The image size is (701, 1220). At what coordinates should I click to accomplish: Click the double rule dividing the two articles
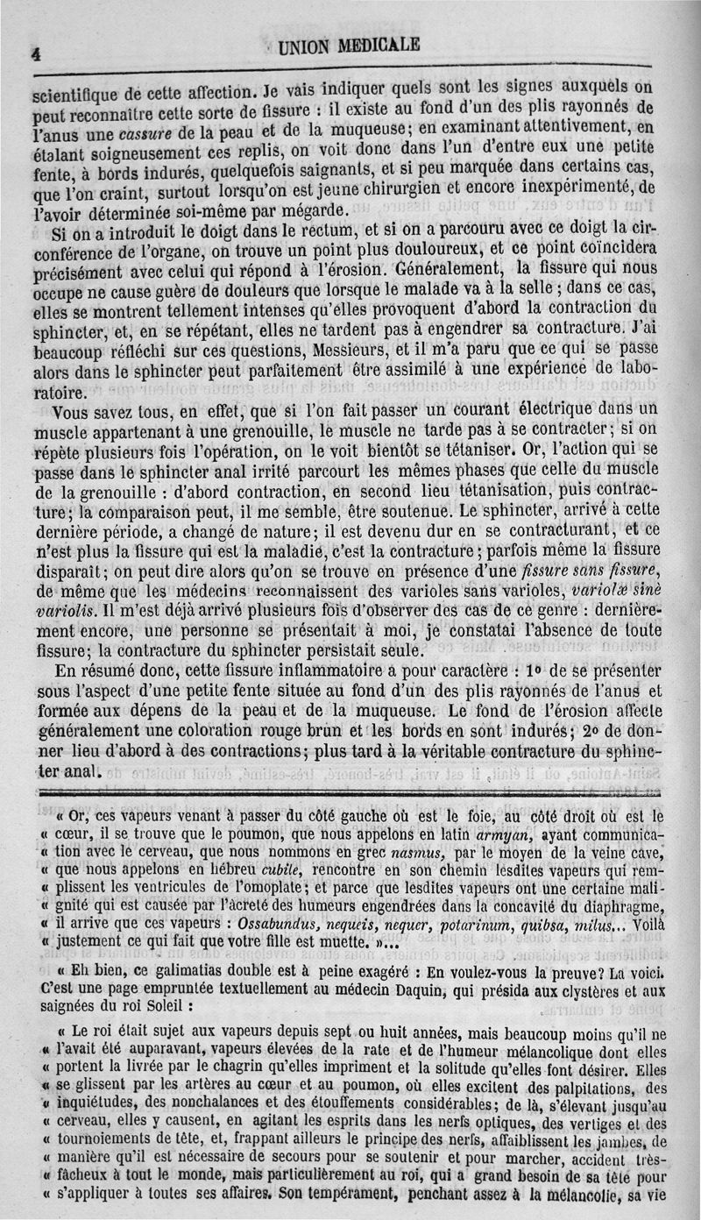[x=350, y=791]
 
